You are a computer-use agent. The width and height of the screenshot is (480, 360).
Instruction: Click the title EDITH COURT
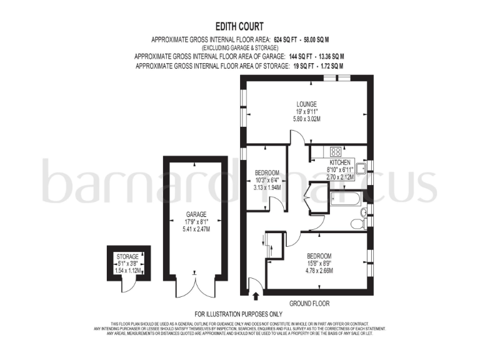point(239,26)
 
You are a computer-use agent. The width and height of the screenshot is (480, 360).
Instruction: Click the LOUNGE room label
point(306,104)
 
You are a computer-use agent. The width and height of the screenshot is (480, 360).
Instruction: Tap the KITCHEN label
point(340,162)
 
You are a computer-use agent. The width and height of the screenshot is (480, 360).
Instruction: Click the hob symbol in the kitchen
point(335,151)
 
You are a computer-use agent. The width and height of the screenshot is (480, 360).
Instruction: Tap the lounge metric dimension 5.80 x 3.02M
point(306,118)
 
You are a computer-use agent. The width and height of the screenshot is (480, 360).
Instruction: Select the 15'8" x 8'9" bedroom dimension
point(319,264)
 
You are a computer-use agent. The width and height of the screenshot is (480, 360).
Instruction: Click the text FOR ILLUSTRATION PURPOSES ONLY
point(239,314)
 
